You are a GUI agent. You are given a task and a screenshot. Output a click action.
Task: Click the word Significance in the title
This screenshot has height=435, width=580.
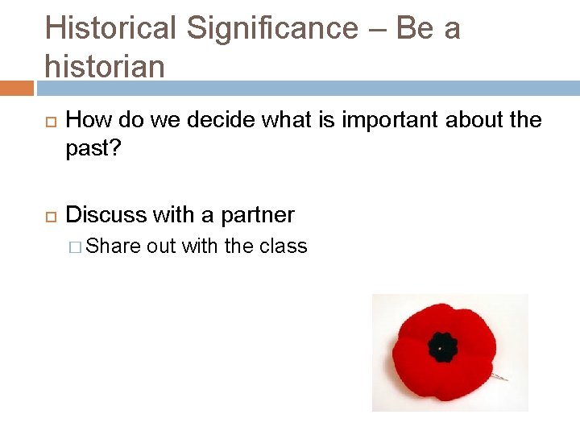[272, 29]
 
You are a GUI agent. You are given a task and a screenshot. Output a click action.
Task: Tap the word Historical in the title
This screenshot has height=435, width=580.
[111, 29]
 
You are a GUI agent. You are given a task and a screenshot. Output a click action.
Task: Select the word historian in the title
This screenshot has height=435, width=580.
[105, 66]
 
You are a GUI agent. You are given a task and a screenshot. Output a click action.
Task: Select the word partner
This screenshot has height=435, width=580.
[258, 216]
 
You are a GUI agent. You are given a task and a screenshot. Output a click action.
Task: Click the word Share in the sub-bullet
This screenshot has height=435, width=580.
[113, 246]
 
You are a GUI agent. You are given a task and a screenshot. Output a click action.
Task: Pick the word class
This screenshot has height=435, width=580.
[284, 246]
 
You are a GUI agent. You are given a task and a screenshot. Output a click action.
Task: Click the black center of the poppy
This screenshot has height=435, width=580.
[442, 347]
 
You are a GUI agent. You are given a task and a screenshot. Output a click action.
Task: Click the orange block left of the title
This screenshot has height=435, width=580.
[16, 87]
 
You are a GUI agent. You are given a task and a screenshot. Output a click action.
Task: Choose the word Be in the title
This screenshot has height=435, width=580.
[415, 29]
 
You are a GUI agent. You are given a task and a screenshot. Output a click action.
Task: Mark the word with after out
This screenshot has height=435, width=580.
[200, 246]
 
